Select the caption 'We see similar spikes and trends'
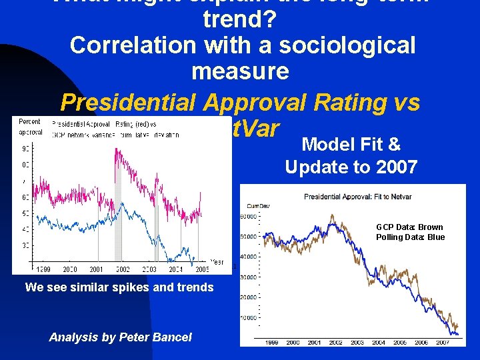(119, 287)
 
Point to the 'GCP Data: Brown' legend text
(410, 227)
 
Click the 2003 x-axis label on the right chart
(357, 342)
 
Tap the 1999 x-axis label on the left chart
(43, 269)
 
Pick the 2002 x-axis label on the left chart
(122, 269)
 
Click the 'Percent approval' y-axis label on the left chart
(30, 127)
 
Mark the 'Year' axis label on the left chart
(217, 262)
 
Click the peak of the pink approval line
(118, 149)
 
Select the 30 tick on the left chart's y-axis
(25, 245)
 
